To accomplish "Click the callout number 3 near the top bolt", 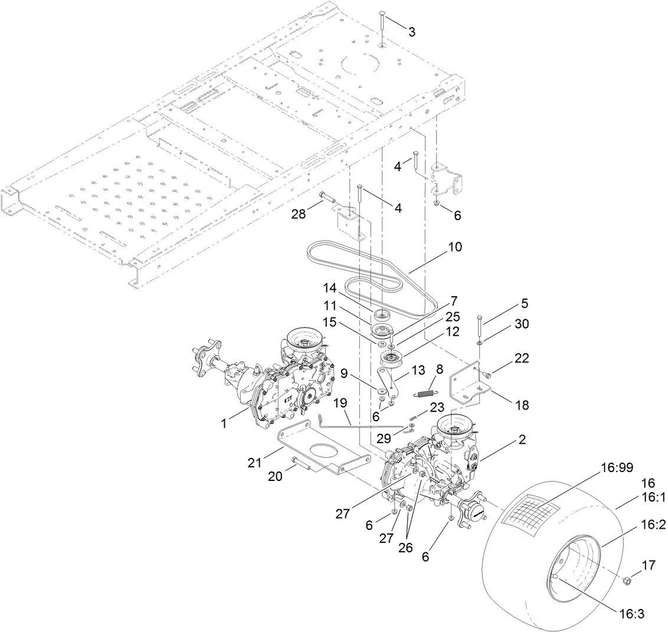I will (411, 32).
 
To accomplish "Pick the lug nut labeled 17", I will (627, 581).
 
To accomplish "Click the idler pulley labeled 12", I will (389, 358).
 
